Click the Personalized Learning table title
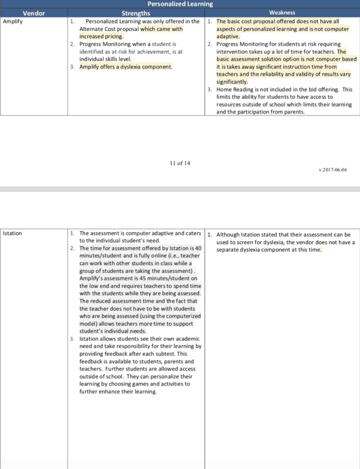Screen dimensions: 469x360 pos(180,4)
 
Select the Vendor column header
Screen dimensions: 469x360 pos(34,13)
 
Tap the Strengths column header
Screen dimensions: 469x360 pos(136,13)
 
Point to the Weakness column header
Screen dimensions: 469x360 pos(282,13)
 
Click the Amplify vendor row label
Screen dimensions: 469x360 pos(13,21)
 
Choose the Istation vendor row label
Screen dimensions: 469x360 pos(12,233)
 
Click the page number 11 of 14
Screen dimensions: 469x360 pos(180,164)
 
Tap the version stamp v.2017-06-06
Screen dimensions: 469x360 pos(333,170)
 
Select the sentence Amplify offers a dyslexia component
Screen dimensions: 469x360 pos(126,67)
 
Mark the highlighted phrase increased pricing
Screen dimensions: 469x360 pos(101,36)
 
